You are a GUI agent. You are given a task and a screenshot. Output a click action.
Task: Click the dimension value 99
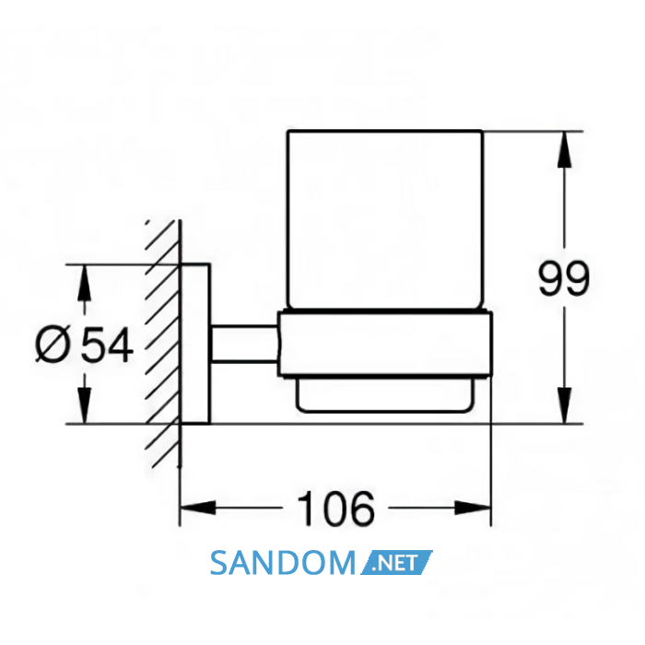[564, 277]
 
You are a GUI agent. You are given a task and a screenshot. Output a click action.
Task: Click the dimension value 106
[335, 509]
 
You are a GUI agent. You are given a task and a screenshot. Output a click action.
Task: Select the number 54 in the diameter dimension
[107, 345]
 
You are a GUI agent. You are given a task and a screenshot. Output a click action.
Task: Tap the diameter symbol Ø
[52, 346]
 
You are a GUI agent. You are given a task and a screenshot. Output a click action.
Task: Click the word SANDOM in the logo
[283, 563]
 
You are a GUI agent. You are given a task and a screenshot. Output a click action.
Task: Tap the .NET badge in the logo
[396, 562]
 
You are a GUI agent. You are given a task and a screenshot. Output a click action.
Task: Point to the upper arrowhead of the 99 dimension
[564, 149]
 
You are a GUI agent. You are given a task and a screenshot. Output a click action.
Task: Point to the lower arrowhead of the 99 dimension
[564, 405]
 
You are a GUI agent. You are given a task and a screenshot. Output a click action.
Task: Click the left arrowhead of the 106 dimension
[198, 508]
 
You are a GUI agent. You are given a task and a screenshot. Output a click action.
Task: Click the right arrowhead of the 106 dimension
[473, 508]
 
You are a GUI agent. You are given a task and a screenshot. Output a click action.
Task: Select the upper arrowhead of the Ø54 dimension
[85, 282]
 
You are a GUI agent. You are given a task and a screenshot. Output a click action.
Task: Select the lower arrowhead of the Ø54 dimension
[85, 405]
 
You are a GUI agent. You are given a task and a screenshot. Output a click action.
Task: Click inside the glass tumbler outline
[384, 219]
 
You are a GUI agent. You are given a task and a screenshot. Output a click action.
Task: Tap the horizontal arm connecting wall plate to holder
[244, 344]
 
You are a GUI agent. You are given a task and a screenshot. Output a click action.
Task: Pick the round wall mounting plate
[195, 344]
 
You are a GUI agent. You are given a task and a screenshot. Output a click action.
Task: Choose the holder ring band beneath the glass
[385, 344]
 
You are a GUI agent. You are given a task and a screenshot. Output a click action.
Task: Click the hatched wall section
[163, 344]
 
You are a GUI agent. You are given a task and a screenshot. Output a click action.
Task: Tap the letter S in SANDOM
[219, 563]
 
